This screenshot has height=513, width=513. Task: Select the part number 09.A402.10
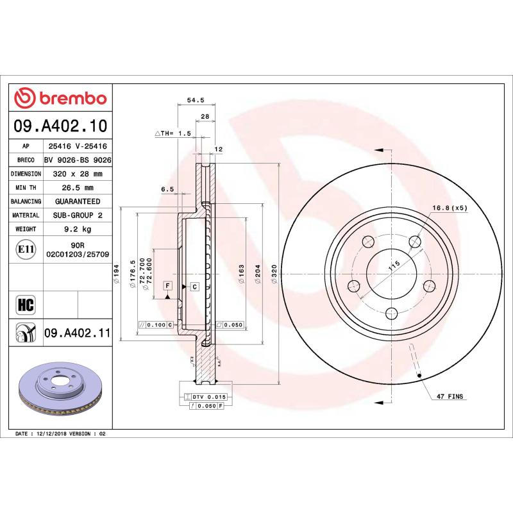[x=61, y=126]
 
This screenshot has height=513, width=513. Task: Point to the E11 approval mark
[x=26, y=249]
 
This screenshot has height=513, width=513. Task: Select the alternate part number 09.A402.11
[x=78, y=333]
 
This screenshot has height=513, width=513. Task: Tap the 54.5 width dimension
[x=195, y=100]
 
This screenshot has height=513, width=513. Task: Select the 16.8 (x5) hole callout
[x=450, y=208]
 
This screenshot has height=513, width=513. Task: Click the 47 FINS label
[x=450, y=397]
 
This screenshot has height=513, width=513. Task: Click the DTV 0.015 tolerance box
[x=205, y=398]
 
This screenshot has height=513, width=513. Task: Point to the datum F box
[x=168, y=285]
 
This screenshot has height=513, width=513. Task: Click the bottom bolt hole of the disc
[x=391, y=313]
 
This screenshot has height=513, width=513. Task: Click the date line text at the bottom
[x=60, y=434]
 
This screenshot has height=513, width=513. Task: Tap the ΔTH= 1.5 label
[x=173, y=133]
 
